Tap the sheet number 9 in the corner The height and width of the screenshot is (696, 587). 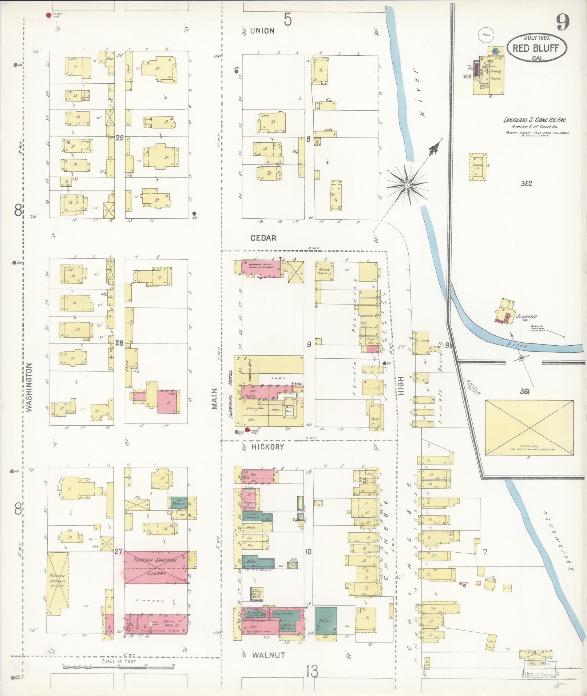[562, 23]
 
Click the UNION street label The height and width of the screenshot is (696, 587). [262, 31]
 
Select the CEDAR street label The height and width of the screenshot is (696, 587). [263, 238]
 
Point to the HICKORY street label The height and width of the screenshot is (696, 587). [267, 447]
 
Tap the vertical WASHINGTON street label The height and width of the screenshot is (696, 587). [29, 387]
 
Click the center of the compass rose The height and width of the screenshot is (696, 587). [407, 186]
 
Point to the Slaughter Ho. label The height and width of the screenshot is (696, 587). [526, 318]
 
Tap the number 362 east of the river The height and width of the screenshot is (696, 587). [526, 184]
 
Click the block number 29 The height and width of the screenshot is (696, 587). [120, 138]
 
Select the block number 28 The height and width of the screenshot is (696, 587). [119, 343]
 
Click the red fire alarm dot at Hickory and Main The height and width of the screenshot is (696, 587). [247, 430]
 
